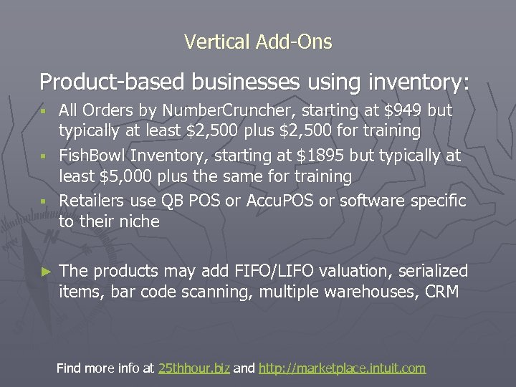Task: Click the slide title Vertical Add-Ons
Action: click(258, 42)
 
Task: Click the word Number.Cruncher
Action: click(223, 111)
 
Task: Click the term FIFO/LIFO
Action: click(267, 271)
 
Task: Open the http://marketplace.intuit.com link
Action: click(342, 368)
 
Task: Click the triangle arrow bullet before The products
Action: click(46, 272)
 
